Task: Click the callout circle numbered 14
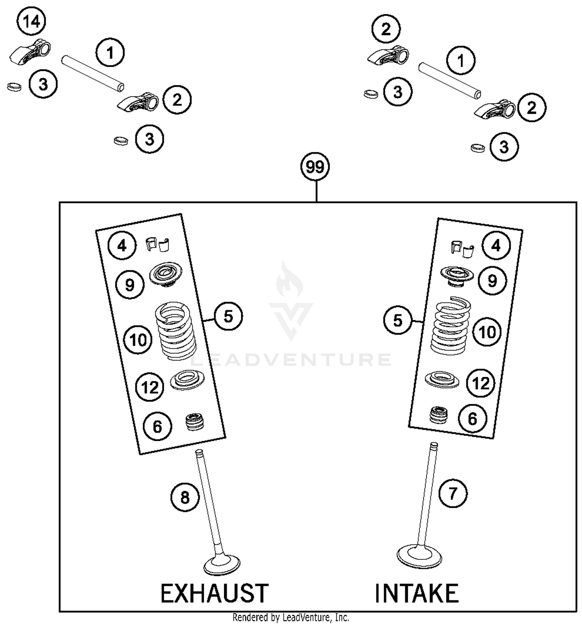pyautogui.click(x=32, y=22)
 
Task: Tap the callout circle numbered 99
pyautogui.click(x=315, y=167)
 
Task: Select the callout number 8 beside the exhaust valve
pyautogui.click(x=185, y=497)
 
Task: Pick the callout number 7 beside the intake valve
pyautogui.click(x=453, y=493)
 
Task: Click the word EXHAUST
pyautogui.click(x=214, y=593)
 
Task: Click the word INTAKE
pyautogui.click(x=416, y=593)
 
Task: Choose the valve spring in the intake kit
pyautogui.click(x=451, y=327)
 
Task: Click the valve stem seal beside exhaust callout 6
pyautogui.click(x=195, y=422)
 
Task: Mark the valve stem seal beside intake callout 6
pyautogui.click(x=439, y=415)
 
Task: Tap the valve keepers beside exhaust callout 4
pyautogui.click(x=158, y=245)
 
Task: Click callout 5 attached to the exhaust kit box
pyautogui.click(x=228, y=316)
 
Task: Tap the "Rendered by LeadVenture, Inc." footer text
pyautogui.click(x=291, y=617)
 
